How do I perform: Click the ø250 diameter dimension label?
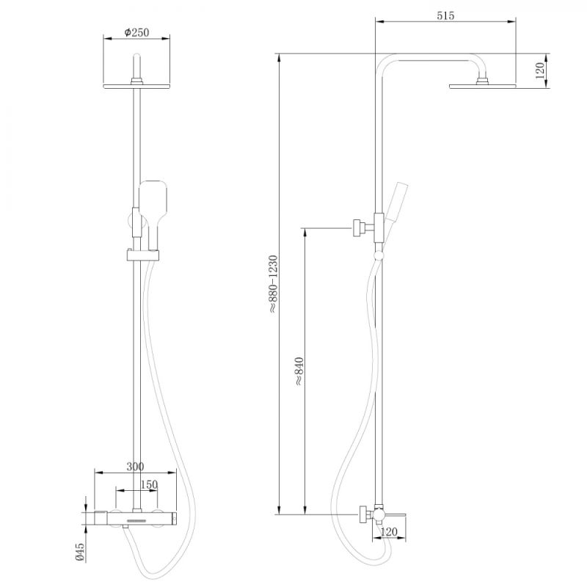pyautogui.click(x=137, y=33)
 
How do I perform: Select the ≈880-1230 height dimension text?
pyautogui.click(x=273, y=284)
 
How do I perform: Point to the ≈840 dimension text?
pyautogui.click(x=299, y=371)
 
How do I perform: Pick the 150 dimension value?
pyautogui.click(x=148, y=485)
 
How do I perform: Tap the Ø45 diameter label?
pyautogui.click(x=81, y=550)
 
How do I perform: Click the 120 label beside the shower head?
pyautogui.click(x=539, y=71)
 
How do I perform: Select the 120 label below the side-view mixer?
pyautogui.click(x=390, y=533)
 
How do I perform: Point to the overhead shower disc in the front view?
pyautogui.click(x=137, y=87)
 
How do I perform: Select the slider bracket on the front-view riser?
pyautogui.click(x=139, y=256)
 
